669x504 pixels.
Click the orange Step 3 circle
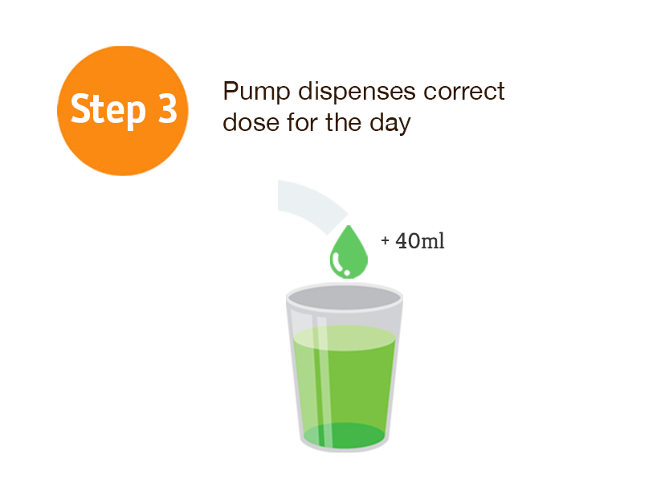tap(123, 111)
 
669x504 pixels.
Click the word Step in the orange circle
tap(108, 110)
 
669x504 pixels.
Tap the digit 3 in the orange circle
tap(167, 109)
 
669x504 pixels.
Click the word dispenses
tap(357, 91)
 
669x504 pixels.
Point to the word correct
tap(464, 92)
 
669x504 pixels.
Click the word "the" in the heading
tap(344, 122)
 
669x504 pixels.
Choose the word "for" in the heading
tap(302, 122)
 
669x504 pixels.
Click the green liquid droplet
tap(349, 252)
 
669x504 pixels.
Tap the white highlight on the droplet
tap(340, 264)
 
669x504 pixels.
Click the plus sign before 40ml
tap(385, 241)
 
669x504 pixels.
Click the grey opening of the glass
tap(345, 297)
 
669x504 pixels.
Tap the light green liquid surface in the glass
tap(345, 338)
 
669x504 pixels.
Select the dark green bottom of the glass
tap(345, 436)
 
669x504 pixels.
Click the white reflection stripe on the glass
tap(323, 380)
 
